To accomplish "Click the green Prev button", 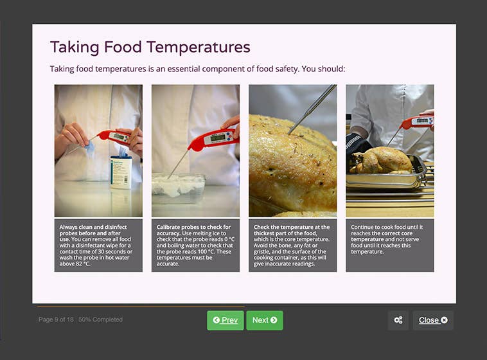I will coord(225,320).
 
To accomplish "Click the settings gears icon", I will coord(398,320).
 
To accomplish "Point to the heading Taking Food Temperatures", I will coord(150,47).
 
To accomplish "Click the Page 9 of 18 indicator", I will coord(56,319).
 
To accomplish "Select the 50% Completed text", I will coord(100,319).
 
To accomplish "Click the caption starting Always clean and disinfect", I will coord(98,245).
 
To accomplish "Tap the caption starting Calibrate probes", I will coord(195,245).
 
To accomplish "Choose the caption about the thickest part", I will coord(292,245).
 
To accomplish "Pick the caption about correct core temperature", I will coord(389,239).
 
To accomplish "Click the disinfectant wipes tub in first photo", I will coord(121,171).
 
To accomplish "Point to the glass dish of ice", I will coord(178,187).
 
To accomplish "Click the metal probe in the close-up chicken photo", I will coord(312,109).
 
